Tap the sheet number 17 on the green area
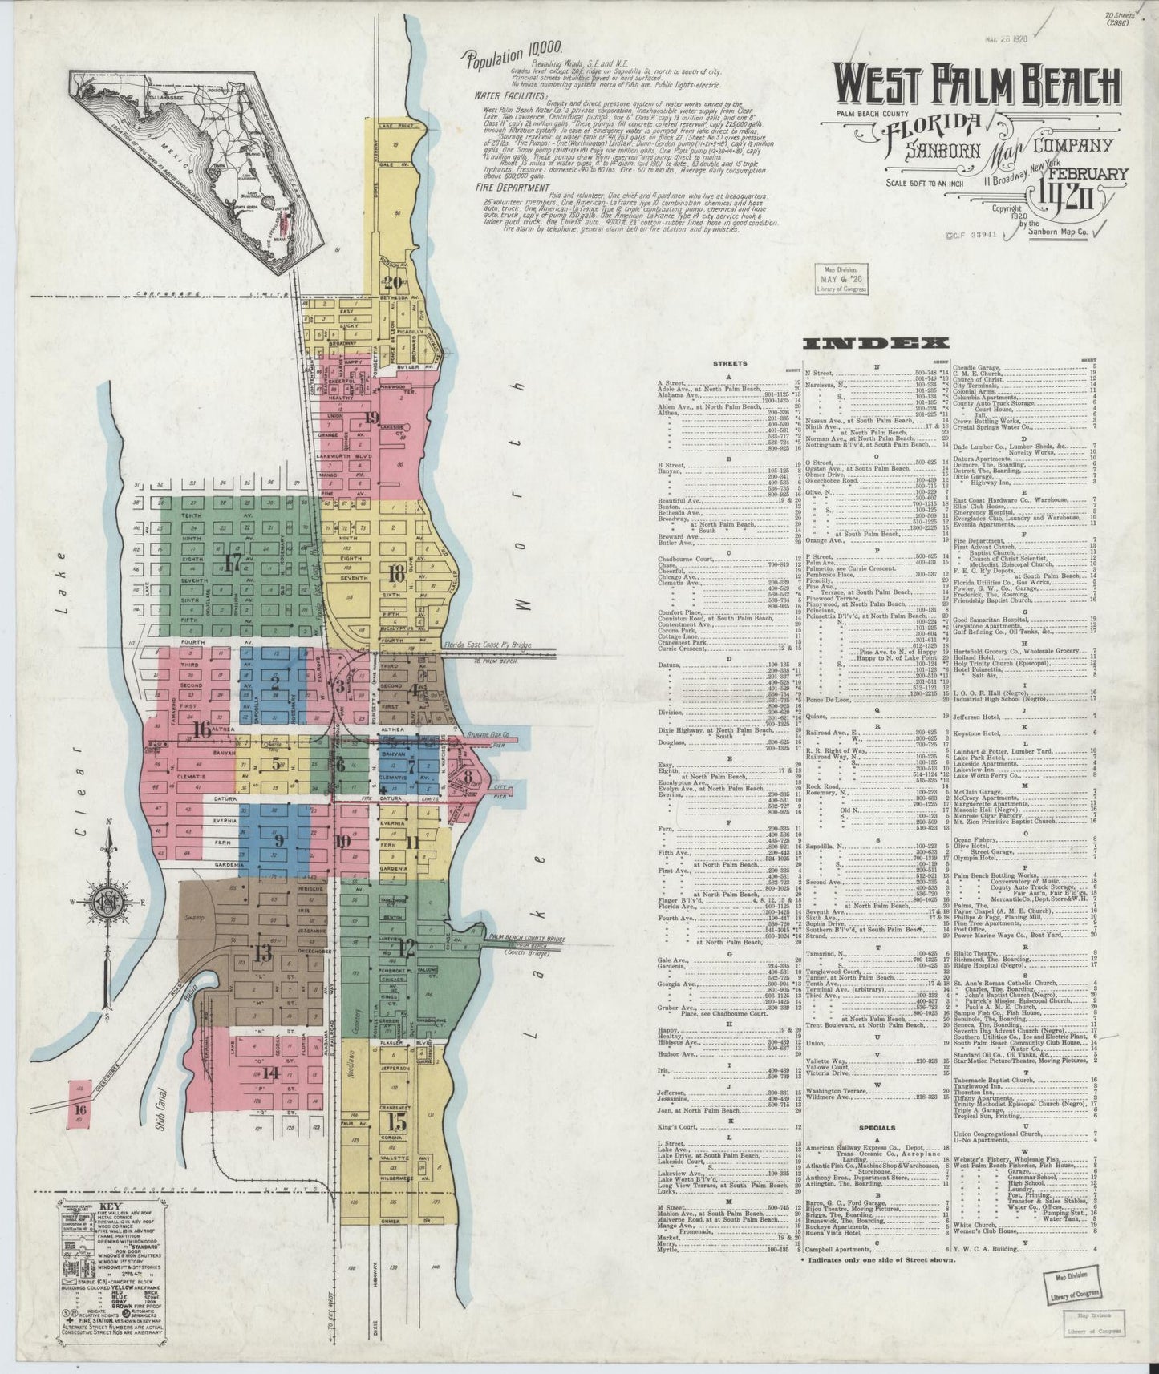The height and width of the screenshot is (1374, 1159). point(233,562)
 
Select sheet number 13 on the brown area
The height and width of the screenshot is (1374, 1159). point(261,952)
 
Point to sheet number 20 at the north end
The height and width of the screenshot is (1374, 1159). point(393,282)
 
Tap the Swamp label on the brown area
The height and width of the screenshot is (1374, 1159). point(194,917)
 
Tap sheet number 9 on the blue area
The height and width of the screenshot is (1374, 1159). point(279,841)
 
